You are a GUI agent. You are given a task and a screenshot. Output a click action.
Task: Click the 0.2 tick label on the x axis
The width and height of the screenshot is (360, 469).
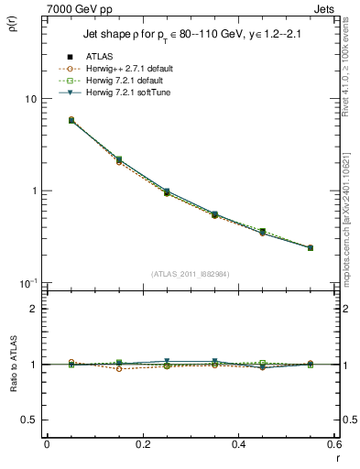(x=142, y=444)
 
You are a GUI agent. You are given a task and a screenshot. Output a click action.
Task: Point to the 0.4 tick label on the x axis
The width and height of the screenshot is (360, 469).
(x=238, y=444)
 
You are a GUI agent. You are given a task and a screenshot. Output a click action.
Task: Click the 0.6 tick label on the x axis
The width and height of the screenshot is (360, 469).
(x=332, y=444)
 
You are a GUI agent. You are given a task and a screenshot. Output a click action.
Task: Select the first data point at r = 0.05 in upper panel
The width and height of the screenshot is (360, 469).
(x=47, y=120)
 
